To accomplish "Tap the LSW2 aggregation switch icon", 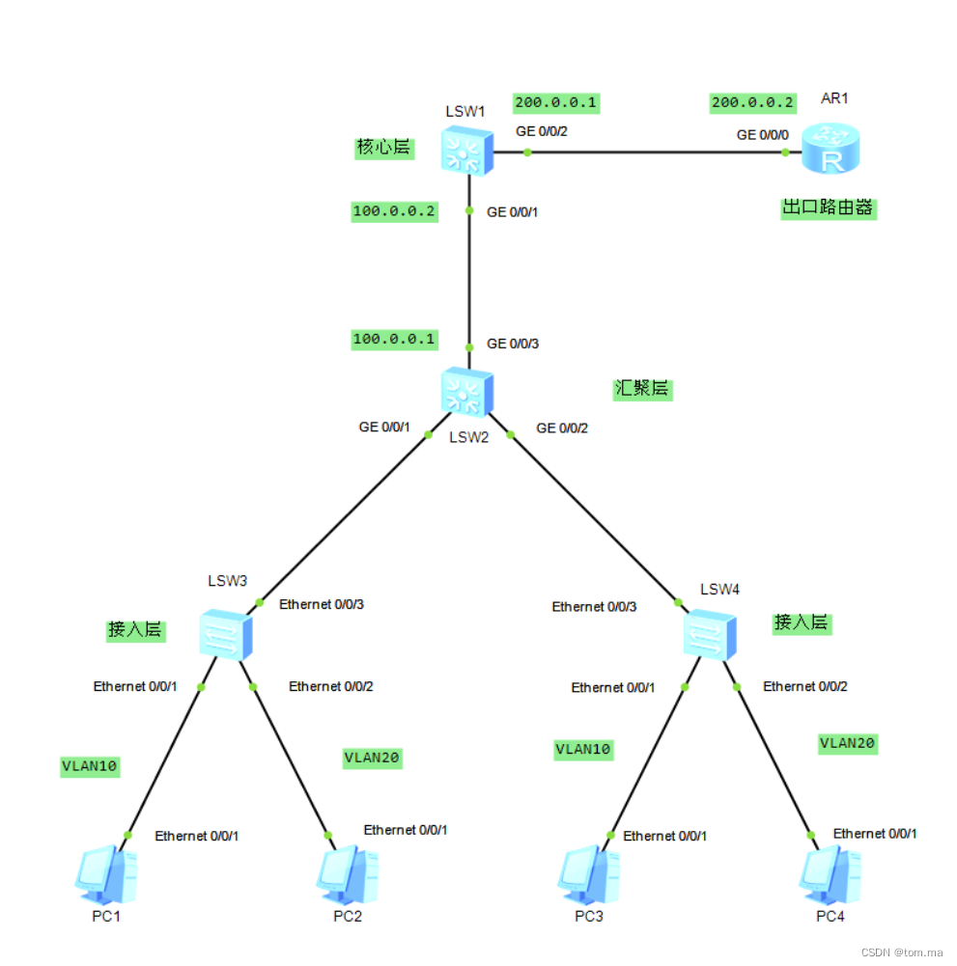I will (x=468, y=392).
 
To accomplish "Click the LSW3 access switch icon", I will (x=226, y=634).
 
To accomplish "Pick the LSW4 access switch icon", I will (x=710, y=634).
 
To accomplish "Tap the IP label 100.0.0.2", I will (x=394, y=211).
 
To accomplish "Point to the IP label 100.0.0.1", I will (x=394, y=339).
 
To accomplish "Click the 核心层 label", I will (x=383, y=148).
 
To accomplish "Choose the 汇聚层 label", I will (x=642, y=389).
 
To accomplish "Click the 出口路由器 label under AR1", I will (x=829, y=207).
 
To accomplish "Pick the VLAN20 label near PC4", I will (x=847, y=743).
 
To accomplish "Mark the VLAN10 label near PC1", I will (x=90, y=767).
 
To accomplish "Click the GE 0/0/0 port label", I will (x=762, y=135).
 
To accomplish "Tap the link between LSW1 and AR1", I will (x=657, y=152).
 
